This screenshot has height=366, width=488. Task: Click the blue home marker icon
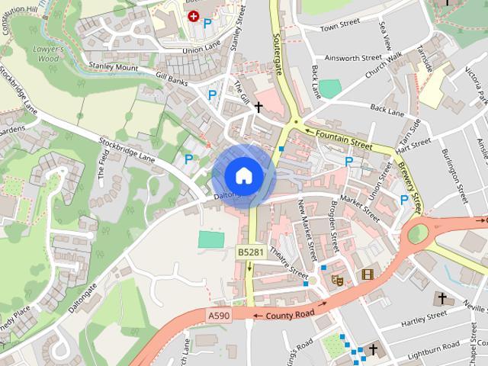point(242,175)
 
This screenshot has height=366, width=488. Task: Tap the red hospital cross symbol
point(192,15)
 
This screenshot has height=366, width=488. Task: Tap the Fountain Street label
point(343,137)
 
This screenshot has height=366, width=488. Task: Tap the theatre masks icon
point(337,280)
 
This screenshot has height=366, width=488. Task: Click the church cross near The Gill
point(259,108)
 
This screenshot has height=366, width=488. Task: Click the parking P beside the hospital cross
point(207,24)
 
